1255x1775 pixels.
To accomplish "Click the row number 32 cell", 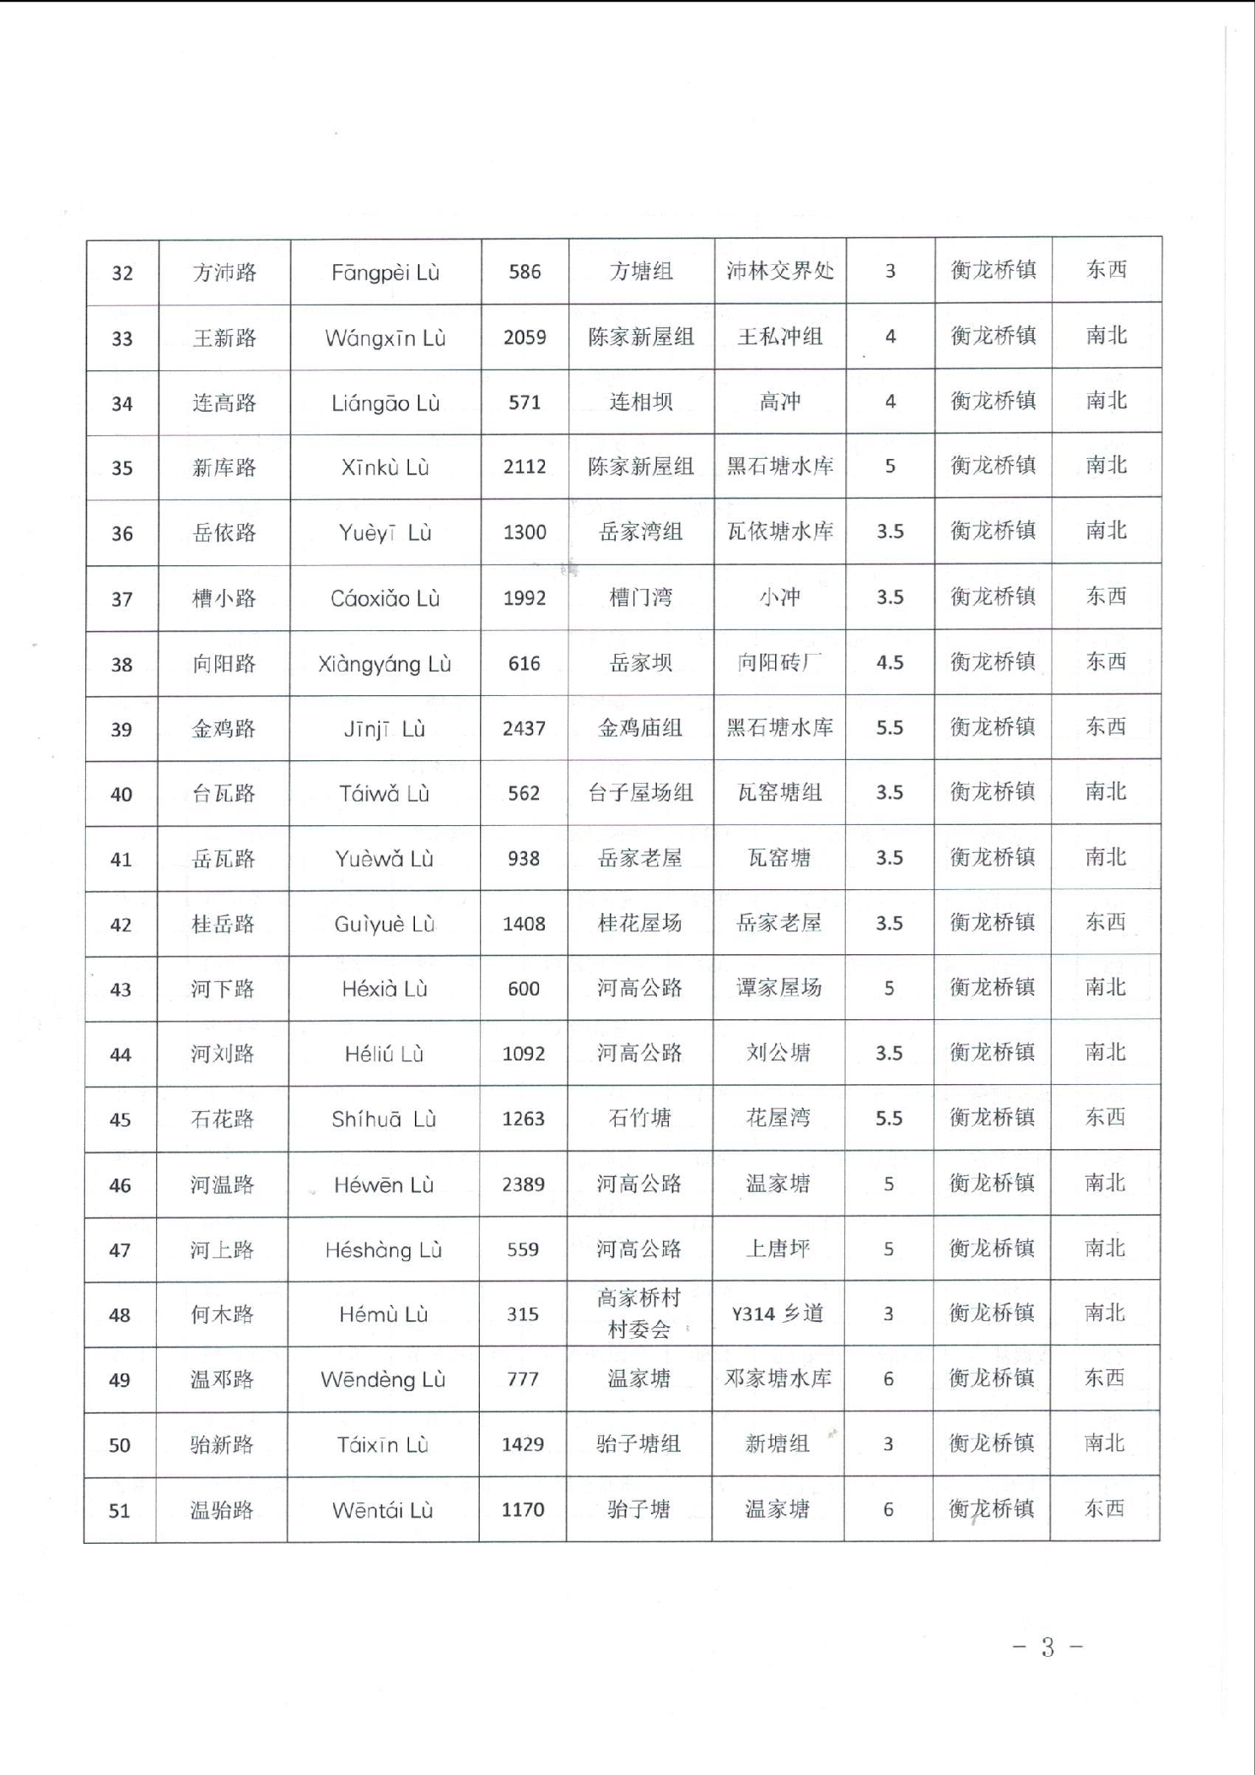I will [122, 272].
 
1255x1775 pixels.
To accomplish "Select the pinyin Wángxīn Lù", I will [385, 338].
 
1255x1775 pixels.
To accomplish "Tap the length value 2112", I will [525, 467].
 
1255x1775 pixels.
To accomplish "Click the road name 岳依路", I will [224, 533].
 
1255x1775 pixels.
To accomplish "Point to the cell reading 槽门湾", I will [641, 598].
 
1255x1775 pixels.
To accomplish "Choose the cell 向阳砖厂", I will [780, 662].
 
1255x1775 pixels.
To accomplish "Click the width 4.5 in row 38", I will [890, 662].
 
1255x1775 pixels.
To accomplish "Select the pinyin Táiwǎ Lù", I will [385, 794].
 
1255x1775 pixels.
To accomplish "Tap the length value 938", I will [524, 859].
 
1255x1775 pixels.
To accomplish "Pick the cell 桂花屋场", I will [640, 923].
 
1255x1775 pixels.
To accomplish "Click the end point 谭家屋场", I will [779, 988].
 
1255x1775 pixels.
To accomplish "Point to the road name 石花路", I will [223, 1119].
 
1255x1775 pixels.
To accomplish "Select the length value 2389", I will [523, 1184].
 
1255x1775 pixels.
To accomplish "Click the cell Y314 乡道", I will [778, 1314].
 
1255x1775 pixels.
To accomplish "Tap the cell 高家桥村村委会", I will [638, 1314].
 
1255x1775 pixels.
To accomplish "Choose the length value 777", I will [523, 1379].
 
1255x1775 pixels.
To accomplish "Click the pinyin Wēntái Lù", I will [383, 1510].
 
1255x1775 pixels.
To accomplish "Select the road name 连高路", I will [224, 403].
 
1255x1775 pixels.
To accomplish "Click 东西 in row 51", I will [1105, 1508].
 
